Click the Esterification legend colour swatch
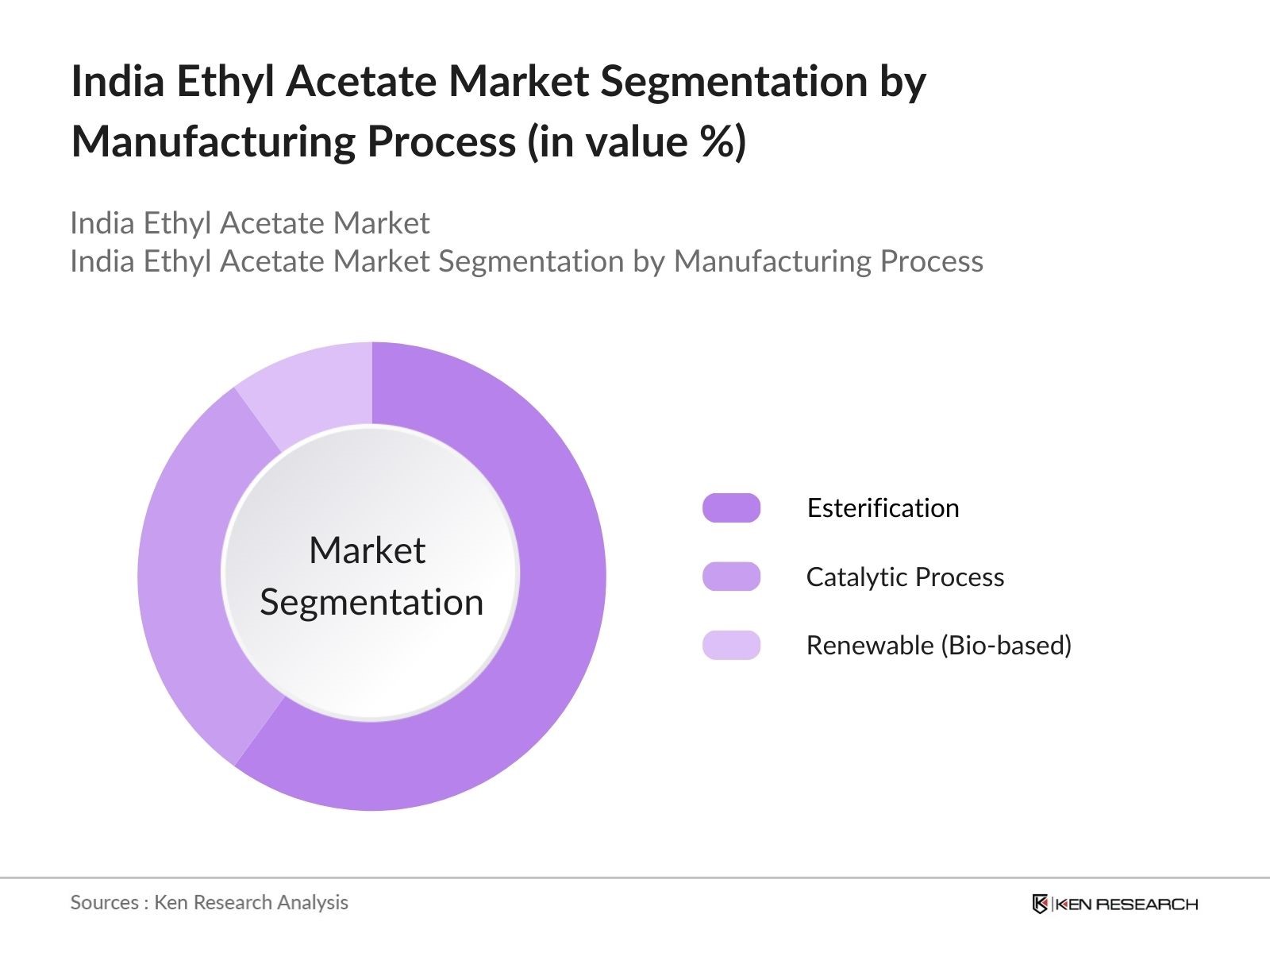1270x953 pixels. click(731, 508)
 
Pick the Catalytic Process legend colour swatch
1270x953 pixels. click(731, 577)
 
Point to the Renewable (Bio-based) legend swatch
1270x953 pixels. click(731, 645)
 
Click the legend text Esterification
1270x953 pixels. click(883, 508)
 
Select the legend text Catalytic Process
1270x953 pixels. click(905, 577)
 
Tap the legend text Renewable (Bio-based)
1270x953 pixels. click(938, 645)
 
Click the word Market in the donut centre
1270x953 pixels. click(367, 550)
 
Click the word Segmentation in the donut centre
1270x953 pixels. click(371, 602)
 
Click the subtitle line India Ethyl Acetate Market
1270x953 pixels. click(249, 223)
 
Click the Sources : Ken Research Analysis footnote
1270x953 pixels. click(209, 902)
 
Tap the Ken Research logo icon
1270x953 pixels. click(1039, 904)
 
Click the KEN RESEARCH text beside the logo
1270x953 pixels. click(1126, 904)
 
